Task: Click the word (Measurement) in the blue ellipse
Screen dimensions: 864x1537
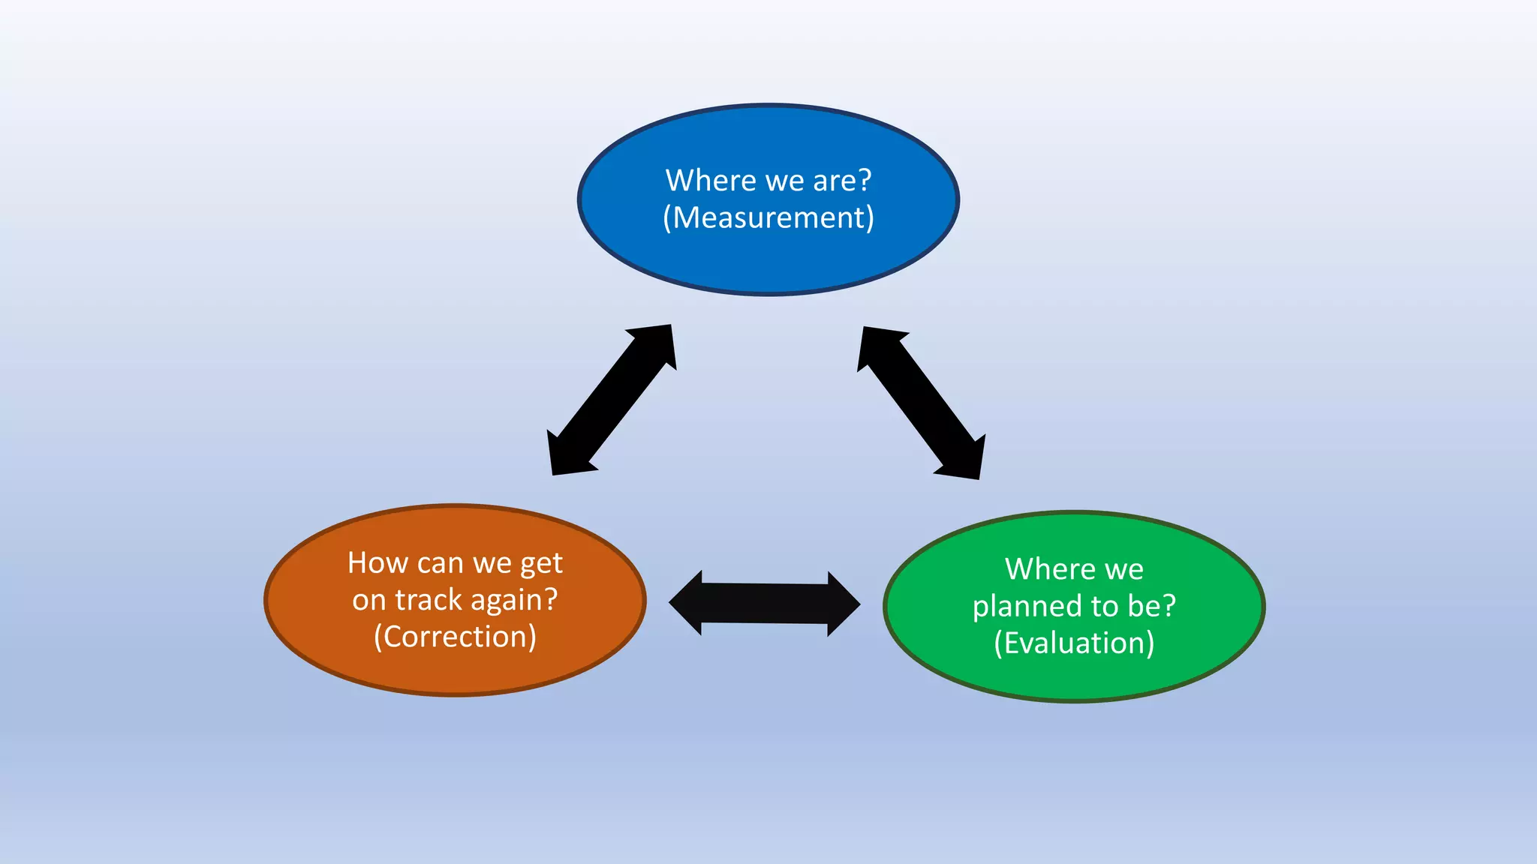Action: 768,218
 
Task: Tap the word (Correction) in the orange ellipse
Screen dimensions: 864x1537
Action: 455,637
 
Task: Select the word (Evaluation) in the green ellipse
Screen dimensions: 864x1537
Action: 1074,643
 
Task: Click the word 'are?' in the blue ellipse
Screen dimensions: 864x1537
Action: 842,181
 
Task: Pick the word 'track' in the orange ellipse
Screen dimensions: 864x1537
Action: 429,600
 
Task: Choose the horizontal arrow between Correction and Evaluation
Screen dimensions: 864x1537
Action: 764,603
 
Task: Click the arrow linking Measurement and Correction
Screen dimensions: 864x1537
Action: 612,400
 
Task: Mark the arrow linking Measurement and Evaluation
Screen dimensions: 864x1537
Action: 921,403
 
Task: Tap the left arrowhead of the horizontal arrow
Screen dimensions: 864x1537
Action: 687,602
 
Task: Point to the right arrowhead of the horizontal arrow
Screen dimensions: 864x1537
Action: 843,604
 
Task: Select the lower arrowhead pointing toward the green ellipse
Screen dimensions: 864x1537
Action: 964,460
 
